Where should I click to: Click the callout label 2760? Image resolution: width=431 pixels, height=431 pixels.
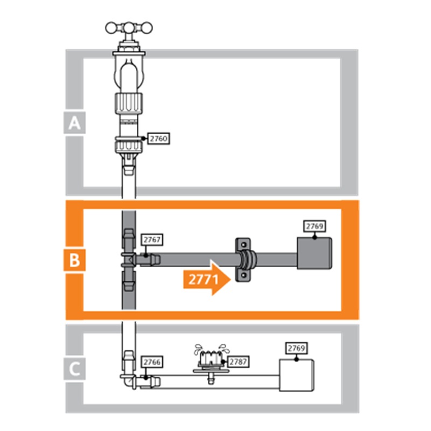[158, 138]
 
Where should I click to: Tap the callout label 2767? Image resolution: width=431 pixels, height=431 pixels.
[152, 240]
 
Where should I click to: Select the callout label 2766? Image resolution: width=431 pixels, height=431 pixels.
[152, 362]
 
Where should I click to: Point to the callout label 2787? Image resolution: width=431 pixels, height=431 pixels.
[238, 362]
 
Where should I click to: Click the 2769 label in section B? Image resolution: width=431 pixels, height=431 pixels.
[315, 226]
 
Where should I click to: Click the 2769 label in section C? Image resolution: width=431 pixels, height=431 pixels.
[296, 348]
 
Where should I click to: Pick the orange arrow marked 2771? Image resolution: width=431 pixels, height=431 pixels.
[207, 278]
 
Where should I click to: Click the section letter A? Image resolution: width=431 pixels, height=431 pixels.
[74, 123]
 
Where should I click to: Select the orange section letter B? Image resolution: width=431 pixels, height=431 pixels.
[74, 260]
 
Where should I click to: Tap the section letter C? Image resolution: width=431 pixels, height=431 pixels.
[74, 369]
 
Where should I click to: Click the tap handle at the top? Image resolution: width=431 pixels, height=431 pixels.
[129, 28]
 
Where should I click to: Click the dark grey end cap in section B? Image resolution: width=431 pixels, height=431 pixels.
[314, 253]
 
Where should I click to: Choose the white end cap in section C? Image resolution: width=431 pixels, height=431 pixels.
[297, 375]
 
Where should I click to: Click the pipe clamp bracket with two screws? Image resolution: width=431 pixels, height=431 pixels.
[244, 260]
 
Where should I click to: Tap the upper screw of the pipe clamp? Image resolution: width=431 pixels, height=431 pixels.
[244, 245]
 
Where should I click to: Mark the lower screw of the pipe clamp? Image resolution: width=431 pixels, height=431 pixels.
[244, 275]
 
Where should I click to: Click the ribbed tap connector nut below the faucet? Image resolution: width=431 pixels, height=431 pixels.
[129, 103]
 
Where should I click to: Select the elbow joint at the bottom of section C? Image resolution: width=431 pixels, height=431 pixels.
[128, 380]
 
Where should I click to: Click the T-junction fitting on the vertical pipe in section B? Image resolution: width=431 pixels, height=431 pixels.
[129, 260]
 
